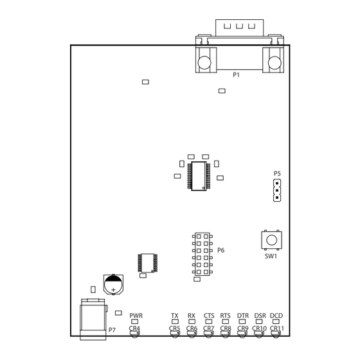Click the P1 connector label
pos(237,75)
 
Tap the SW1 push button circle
pos(271,240)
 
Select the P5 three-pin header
pos(277,190)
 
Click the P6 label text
pos(221,250)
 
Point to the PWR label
pos(136,316)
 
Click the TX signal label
pos(175,316)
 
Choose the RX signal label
pos(192,316)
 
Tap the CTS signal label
pos(209,316)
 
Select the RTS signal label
pos(225,316)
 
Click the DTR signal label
pos(243,316)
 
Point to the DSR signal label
pos(260,316)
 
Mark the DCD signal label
pos(276,316)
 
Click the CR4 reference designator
pos(134,328)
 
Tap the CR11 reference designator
pos(277,328)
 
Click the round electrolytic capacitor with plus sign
pos(113,285)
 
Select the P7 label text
pos(112,330)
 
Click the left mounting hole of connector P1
pos(204,62)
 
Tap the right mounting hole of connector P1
pos(274,62)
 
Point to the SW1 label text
pos(271,256)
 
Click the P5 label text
pos(277,174)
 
